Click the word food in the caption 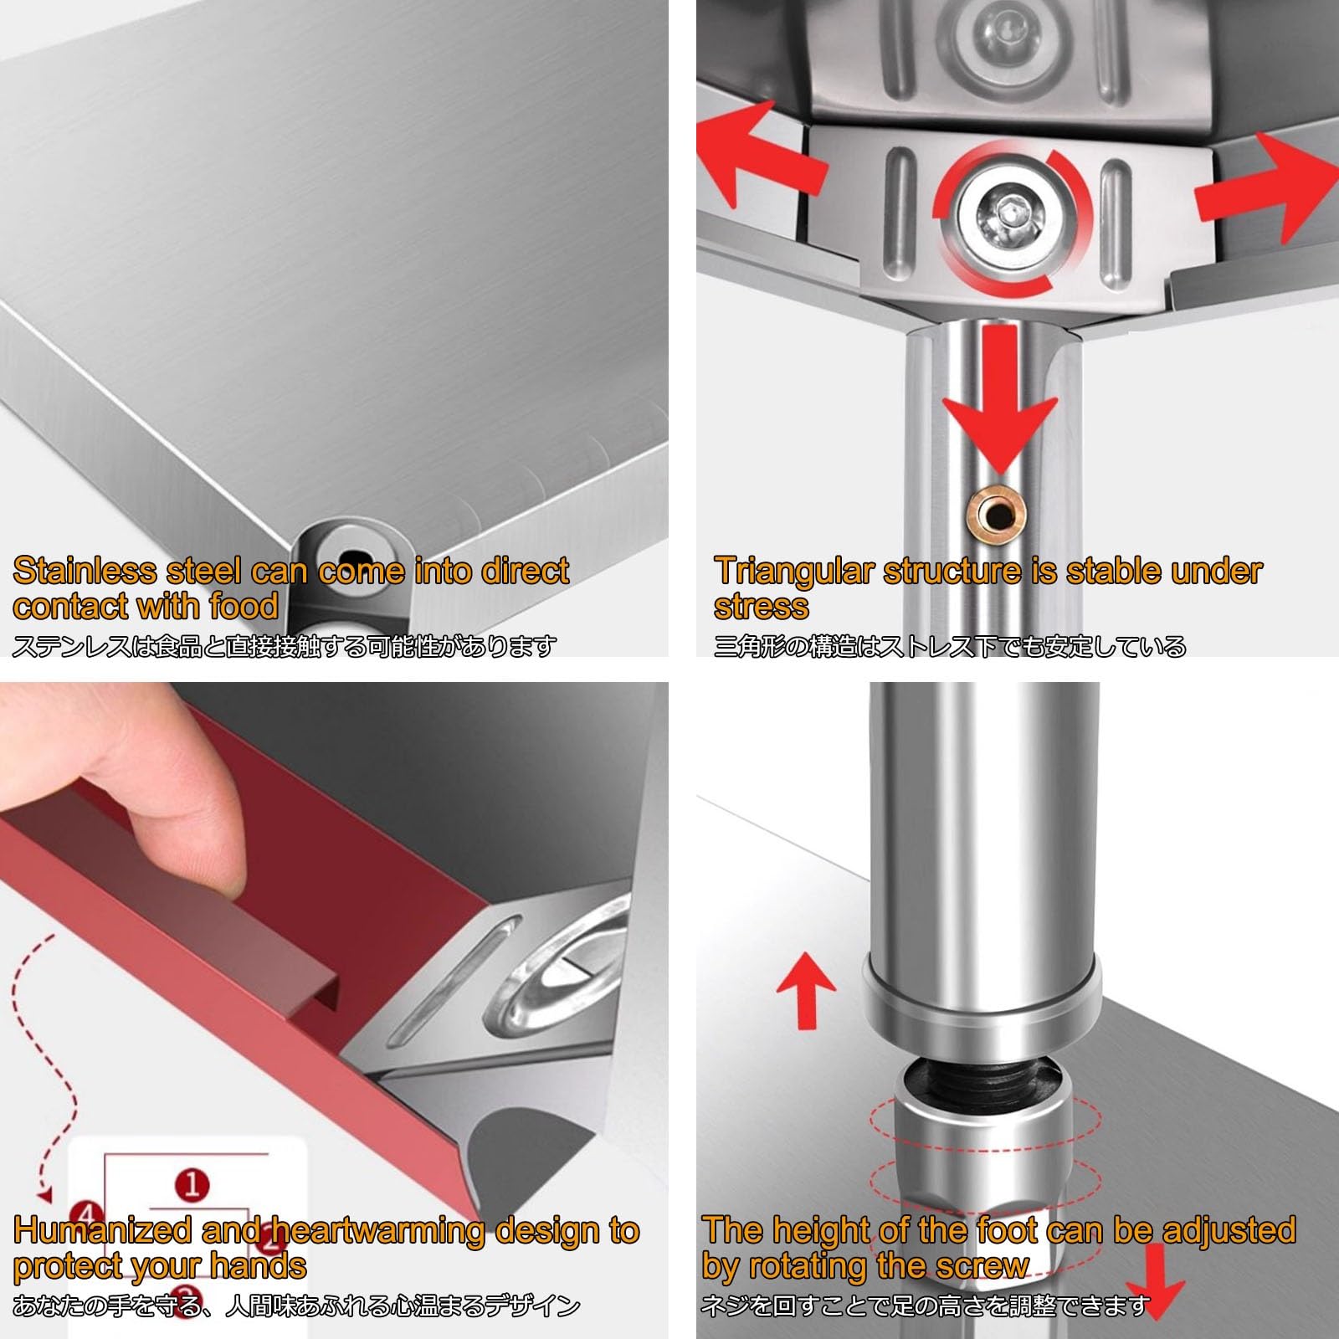[244, 606]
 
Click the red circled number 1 [192, 1184]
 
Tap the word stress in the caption [762, 607]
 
